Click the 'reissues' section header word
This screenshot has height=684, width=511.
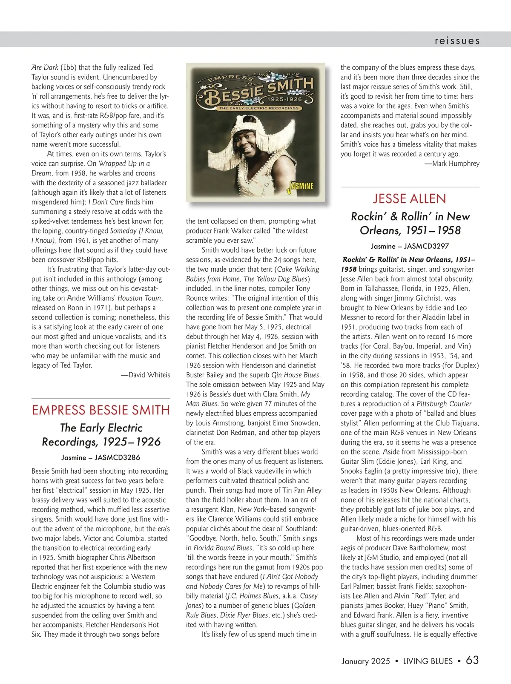[x=457, y=41]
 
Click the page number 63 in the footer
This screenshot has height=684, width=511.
[x=472, y=660]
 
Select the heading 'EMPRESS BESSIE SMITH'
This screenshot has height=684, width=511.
[x=101, y=410]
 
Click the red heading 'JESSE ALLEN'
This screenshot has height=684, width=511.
[x=410, y=198]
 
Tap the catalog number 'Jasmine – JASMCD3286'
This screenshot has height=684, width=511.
[x=101, y=457]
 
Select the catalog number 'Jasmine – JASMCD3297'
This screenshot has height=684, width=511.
[x=410, y=246]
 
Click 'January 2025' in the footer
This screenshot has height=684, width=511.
[x=365, y=661]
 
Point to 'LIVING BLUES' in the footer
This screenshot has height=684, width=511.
[x=428, y=661]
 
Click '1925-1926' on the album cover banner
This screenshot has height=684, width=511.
[x=285, y=99]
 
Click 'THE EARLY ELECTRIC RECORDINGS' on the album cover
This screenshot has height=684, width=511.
[x=259, y=108]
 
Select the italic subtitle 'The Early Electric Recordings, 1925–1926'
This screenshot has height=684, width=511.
[x=101, y=435]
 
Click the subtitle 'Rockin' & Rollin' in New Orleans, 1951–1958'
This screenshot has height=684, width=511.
[x=410, y=223]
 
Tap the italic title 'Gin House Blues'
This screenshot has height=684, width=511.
[x=296, y=375]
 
